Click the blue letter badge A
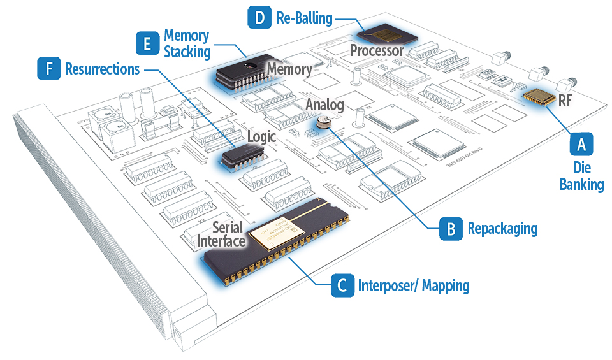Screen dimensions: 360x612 [581, 144]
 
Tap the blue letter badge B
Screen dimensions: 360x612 [451, 229]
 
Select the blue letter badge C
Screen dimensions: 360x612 [342, 285]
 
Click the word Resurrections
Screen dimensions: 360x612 [102, 69]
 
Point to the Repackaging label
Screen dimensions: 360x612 [502, 228]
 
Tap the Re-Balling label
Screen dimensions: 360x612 [304, 18]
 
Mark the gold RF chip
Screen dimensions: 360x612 [537, 97]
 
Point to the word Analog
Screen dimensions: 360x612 [324, 104]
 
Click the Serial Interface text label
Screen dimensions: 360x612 [221, 234]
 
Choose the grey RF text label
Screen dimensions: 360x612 [565, 100]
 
